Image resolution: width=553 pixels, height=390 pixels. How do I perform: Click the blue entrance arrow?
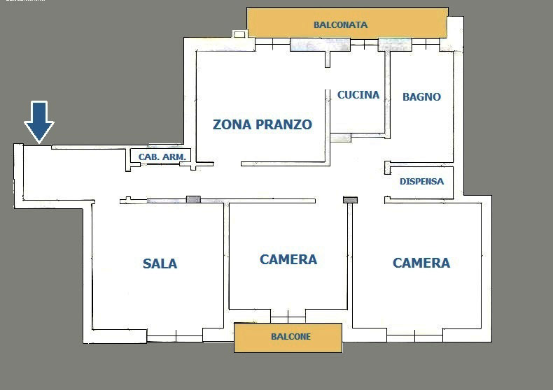(x=38, y=122)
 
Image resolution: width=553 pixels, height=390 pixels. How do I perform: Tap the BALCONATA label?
(x=341, y=25)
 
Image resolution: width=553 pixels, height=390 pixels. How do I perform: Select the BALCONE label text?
(x=290, y=336)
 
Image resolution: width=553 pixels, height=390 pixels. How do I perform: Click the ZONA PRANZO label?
(x=262, y=124)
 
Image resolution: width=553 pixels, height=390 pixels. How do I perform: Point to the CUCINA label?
(x=358, y=94)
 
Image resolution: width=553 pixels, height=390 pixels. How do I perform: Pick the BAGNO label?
(x=422, y=96)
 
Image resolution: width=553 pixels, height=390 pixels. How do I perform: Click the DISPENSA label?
(x=422, y=181)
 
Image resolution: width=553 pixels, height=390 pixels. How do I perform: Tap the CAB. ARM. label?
(x=162, y=157)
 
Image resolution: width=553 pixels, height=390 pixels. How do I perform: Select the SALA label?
(x=160, y=263)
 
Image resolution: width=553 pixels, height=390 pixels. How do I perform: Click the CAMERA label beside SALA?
(x=288, y=259)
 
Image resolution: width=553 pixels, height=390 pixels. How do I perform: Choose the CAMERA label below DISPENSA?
(x=421, y=263)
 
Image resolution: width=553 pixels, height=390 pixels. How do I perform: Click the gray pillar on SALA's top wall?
(x=193, y=200)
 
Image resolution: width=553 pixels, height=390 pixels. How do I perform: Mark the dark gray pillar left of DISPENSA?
(x=350, y=200)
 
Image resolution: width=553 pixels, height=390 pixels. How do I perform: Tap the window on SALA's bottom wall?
(x=174, y=337)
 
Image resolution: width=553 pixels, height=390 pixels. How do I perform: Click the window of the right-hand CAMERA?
(x=414, y=335)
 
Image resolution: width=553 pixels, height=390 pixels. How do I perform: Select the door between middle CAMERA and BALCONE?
(x=288, y=317)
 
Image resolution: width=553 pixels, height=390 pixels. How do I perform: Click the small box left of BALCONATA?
(x=239, y=34)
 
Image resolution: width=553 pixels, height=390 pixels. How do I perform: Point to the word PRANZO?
(x=284, y=124)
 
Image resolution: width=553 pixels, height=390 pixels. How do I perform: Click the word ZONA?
(x=232, y=124)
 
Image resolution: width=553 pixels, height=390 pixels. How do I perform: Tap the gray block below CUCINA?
(x=341, y=138)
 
